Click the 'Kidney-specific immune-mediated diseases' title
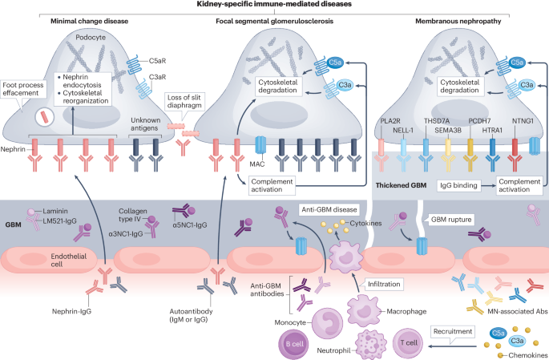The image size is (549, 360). (274, 5)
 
